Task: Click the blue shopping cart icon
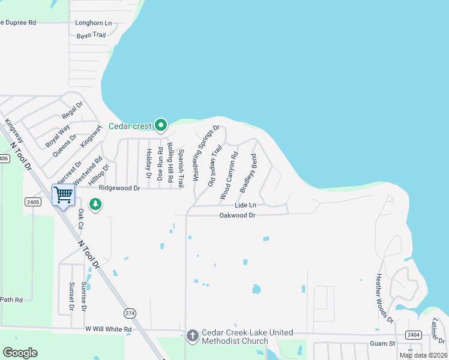pos(63,194)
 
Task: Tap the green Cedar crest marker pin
pos(160,125)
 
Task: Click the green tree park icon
pos(95,205)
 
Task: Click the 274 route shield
pos(130,314)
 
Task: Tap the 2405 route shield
pos(33,202)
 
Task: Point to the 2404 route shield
pos(413,334)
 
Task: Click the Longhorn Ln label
pos(94,23)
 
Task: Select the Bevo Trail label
pos(91,35)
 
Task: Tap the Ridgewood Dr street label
pos(119,188)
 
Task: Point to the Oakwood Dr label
pos(237,215)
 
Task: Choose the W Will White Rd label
pos(108,329)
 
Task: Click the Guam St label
pos(383,343)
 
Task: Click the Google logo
pos(20,353)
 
